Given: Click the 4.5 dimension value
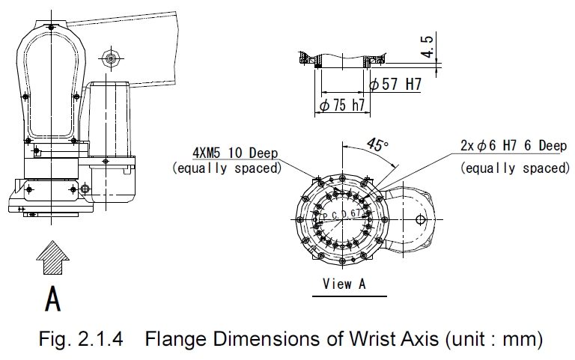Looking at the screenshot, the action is coord(428,46).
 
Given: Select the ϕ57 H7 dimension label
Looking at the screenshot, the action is coord(395,85).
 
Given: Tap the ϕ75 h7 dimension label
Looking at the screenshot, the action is coord(342,106).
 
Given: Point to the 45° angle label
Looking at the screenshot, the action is coord(377,144).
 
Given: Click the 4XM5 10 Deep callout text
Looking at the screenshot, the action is coord(235,153).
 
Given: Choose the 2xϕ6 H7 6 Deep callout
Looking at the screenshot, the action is coord(514,146).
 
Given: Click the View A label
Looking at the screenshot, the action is coord(344,284).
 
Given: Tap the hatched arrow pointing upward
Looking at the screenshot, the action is coord(53,257).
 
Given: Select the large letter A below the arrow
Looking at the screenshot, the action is coord(53,299).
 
